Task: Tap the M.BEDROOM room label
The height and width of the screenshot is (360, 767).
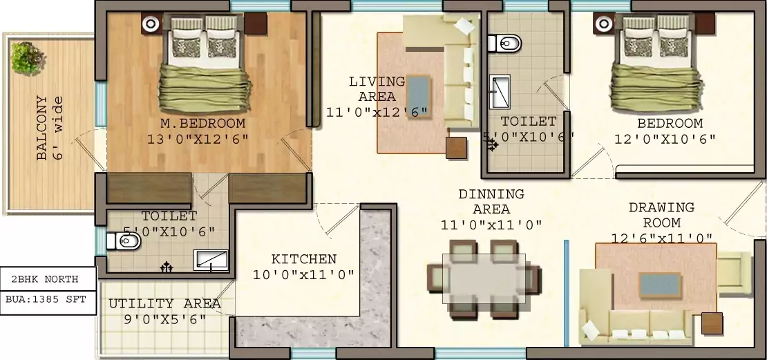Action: tap(198, 124)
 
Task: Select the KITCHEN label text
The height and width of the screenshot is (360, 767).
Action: tap(303, 260)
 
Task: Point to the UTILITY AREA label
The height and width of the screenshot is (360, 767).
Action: tap(164, 304)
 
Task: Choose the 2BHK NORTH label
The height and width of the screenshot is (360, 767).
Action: tap(45, 280)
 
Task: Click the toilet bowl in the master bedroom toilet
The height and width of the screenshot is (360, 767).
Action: tap(125, 241)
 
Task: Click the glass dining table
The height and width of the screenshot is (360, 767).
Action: tap(484, 279)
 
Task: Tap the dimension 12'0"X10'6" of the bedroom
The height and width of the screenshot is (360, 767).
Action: tap(665, 139)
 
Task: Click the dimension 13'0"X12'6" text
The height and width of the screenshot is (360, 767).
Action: tap(198, 139)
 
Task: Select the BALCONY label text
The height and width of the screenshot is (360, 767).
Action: tap(43, 129)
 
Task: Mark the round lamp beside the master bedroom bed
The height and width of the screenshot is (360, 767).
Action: tap(151, 24)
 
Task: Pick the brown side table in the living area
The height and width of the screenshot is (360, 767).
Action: tap(457, 148)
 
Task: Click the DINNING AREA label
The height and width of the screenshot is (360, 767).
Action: tap(491, 201)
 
